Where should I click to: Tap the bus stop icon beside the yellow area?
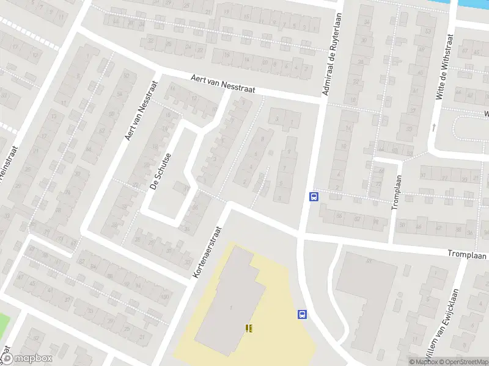coord(301,315)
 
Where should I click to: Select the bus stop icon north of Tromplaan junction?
coord(314,196)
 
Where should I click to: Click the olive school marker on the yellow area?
coord(248,328)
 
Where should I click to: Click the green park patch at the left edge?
coord(5,323)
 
